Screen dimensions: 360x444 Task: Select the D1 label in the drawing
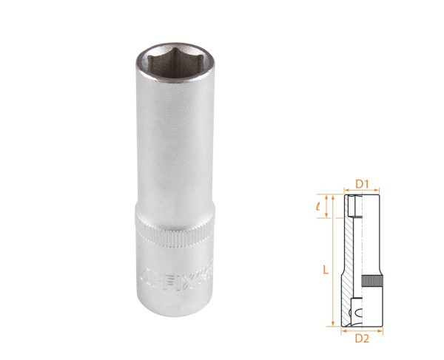pyautogui.click(x=362, y=183)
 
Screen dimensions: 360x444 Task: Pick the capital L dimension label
pyautogui.click(x=325, y=271)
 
